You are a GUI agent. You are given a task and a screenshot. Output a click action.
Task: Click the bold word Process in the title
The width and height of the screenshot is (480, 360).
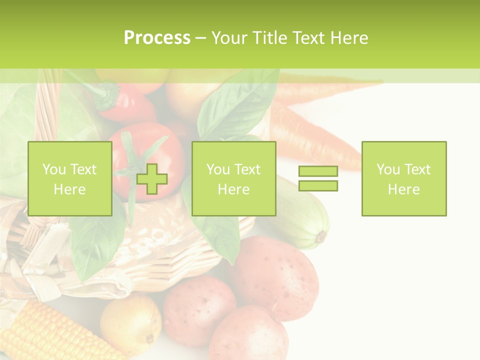click(x=157, y=38)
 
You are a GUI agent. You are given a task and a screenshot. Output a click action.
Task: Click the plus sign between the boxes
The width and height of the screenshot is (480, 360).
click(x=152, y=178)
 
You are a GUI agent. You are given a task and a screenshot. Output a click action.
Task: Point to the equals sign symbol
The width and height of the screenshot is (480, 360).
click(x=318, y=178)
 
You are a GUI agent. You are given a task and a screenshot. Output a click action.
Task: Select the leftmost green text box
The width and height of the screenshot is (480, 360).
click(x=69, y=178)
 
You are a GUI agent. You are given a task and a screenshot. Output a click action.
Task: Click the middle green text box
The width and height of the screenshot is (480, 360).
click(x=233, y=178)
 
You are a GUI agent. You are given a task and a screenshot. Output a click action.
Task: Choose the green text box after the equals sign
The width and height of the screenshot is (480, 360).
click(x=403, y=178)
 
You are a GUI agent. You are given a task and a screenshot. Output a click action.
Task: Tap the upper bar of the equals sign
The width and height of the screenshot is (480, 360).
click(x=318, y=171)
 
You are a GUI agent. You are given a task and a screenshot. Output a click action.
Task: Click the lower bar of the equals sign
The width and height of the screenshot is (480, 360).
click(x=318, y=185)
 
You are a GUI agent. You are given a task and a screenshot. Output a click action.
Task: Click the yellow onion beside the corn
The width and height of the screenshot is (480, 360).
click(x=131, y=323)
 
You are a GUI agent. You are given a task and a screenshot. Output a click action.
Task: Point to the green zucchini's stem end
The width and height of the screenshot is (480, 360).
click(x=320, y=236)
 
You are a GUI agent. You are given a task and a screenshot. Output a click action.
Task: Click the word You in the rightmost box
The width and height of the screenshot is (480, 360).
click(x=387, y=169)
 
